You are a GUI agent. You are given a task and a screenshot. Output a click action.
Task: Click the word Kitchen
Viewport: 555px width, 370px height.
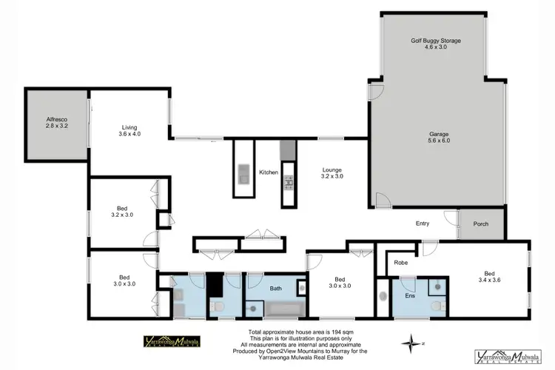[x=268, y=172]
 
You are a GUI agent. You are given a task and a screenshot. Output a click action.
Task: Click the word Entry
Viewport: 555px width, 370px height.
[x=423, y=223]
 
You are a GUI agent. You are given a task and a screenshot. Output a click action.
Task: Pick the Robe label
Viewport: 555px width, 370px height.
[x=400, y=262]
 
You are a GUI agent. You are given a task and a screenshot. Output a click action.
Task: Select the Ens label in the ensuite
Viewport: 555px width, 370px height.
[x=411, y=295]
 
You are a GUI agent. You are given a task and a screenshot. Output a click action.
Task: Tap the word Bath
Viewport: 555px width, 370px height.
[x=275, y=289]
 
